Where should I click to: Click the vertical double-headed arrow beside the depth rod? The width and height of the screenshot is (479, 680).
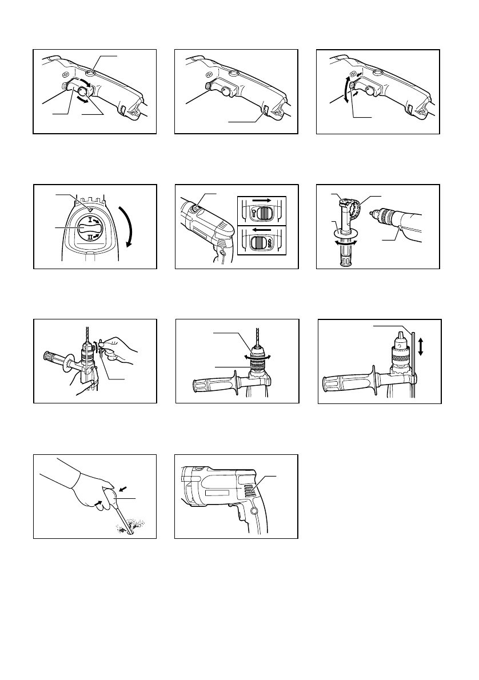[421, 347]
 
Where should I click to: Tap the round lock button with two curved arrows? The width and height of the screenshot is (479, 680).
[83, 91]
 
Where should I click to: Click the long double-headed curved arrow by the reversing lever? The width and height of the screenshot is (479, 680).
[347, 89]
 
